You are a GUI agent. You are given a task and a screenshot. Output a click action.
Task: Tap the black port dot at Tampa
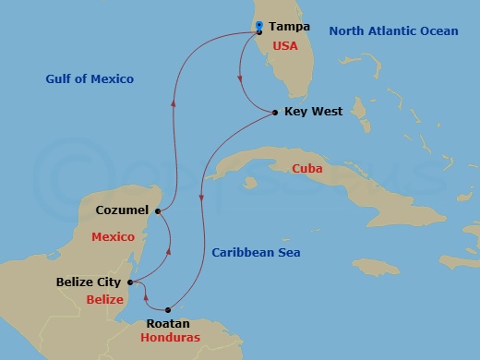click(x=259, y=32)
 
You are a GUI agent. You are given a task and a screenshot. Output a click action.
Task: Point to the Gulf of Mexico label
click(x=90, y=79)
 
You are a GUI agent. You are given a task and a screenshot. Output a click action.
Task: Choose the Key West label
click(x=314, y=112)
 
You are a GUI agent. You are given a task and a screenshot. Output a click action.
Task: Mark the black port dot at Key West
click(x=276, y=113)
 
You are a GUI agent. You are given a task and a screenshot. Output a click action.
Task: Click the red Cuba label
click(x=306, y=169)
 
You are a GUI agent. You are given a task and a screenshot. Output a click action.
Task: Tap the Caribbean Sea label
click(x=256, y=252)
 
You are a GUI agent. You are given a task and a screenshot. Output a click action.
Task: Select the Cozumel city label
click(x=122, y=210)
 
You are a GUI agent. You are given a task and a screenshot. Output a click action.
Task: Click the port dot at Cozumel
click(x=158, y=211)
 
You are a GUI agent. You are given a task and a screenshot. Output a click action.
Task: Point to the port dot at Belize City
click(x=130, y=282)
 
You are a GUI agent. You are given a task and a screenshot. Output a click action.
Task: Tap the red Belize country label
click(x=104, y=300)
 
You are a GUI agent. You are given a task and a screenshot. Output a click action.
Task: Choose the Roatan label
click(x=168, y=323)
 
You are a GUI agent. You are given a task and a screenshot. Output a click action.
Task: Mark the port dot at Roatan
click(x=168, y=310)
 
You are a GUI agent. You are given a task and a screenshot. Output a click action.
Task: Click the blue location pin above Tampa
click(x=259, y=25)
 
